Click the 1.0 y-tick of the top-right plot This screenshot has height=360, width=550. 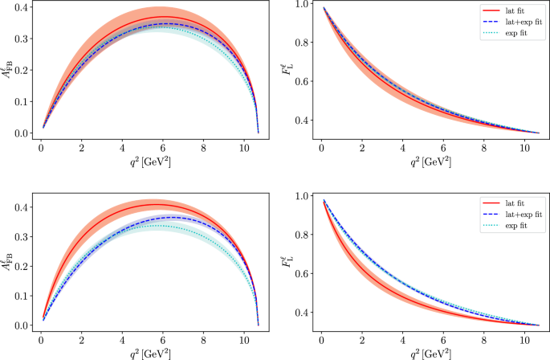(x=298, y=5)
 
